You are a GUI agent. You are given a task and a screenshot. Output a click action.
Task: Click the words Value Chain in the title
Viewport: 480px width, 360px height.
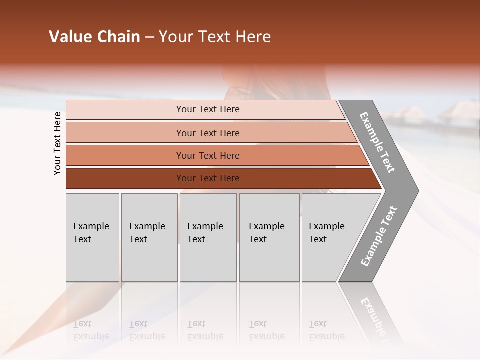[x=94, y=37]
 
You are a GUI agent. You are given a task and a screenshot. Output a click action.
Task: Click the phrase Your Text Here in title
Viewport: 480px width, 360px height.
[x=215, y=37]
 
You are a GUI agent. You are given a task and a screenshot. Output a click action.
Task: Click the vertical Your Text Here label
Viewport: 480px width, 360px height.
[x=57, y=143]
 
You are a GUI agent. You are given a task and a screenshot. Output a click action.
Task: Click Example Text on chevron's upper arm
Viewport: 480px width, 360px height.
[x=377, y=142]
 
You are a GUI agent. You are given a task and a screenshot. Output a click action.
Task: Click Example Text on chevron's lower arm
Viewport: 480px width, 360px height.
[x=379, y=236]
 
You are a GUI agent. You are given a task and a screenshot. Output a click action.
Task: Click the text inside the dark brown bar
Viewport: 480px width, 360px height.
[x=208, y=178]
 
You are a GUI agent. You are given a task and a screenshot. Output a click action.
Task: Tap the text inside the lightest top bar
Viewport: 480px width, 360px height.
[x=208, y=109]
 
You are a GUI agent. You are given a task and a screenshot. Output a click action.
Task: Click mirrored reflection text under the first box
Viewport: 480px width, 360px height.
[x=91, y=330]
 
